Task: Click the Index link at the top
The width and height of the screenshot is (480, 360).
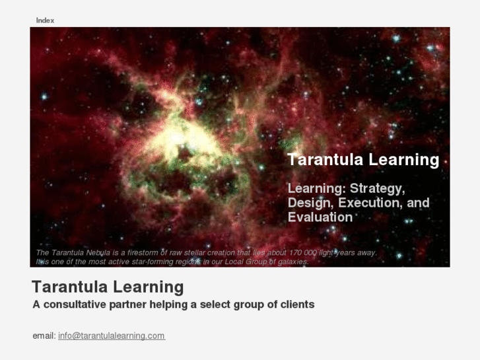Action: [x=45, y=20]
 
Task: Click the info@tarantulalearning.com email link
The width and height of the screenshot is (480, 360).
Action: [x=111, y=336]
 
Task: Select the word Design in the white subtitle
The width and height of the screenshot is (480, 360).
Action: [x=310, y=203]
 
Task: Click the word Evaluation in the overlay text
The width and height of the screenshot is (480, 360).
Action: [x=320, y=217]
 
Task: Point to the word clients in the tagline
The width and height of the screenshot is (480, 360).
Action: [x=296, y=305]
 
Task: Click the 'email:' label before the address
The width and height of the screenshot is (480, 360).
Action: [x=44, y=336]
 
